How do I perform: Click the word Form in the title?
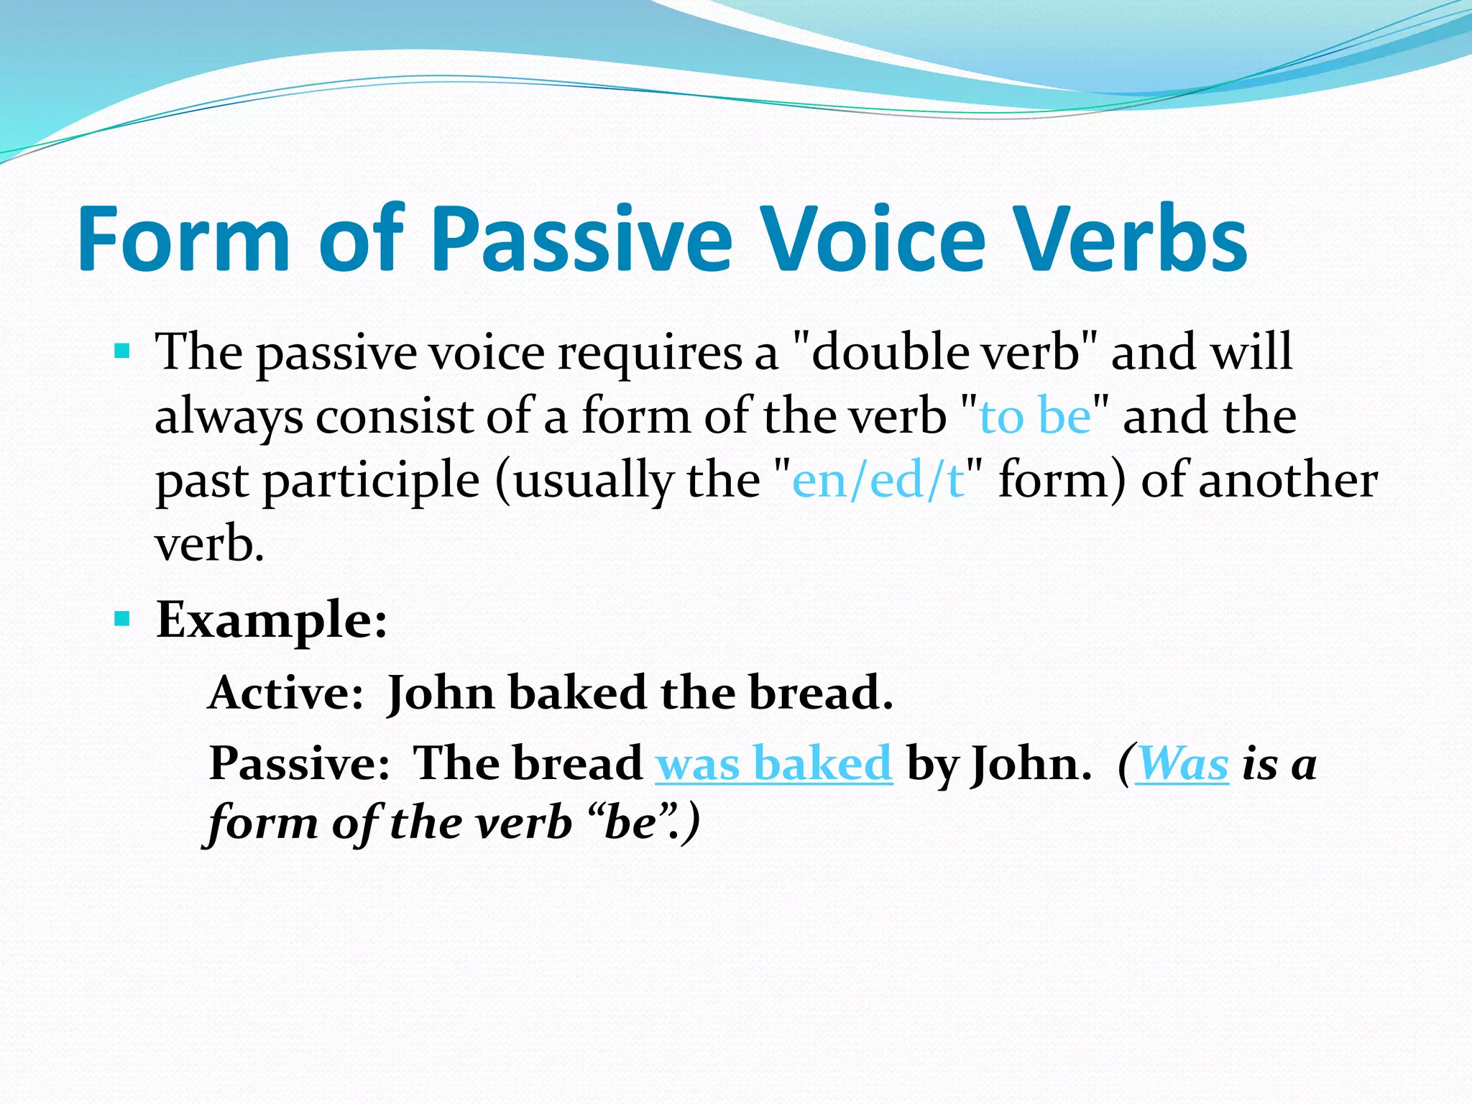pyautogui.click(x=183, y=239)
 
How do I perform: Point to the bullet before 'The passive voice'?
pyautogui.click(x=122, y=352)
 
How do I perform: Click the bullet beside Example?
pyautogui.click(x=122, y=618)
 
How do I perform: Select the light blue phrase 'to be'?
pyautogui.click(x=1035, y=417)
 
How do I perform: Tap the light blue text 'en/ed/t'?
pyautogui.click(x=878, y=480)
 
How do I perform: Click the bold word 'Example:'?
pyautogui.click(x=272, y=620)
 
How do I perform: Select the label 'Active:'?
pyautogui.click(x=285, y=693)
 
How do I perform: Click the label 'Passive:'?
pyautogui.click(x=298, y=763)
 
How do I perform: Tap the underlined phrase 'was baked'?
pyautogui.click(x=773, y=763)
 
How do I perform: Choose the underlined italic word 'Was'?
pyautogui.click(x=1182, y=763)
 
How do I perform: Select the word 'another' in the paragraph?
pyautogui.click(x=1288, y=480)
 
